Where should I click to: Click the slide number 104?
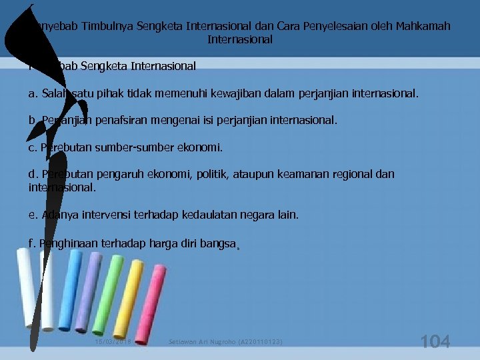point(435,341)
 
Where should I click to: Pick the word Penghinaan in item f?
point(70,243)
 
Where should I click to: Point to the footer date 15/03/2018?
point(113,342)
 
